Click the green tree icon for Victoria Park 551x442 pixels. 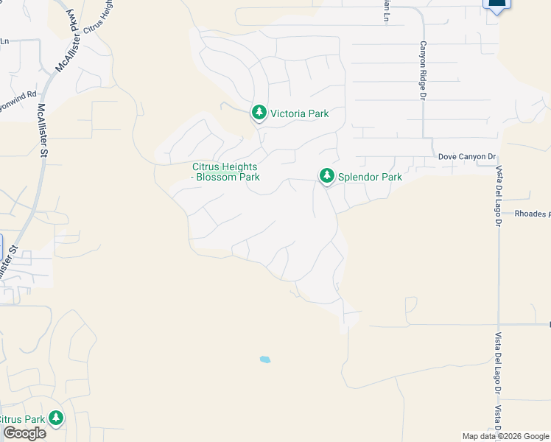click(259, 113)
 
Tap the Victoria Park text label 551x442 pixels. click(299, 113)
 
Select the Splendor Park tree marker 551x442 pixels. click(326, 176)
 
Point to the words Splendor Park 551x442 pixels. click(370, 177)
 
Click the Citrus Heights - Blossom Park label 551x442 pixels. click(225, 172)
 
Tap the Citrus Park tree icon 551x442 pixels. click(55, 418)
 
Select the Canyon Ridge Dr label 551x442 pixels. click(424, 69)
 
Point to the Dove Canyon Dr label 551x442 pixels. click(467, 157)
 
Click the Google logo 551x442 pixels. click(24, 433)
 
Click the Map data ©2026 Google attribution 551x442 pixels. click(505, 436)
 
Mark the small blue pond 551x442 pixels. click(264, 359)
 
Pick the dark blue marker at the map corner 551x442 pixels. click(497, 4)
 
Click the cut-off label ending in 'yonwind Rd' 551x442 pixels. click(18, 96)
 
